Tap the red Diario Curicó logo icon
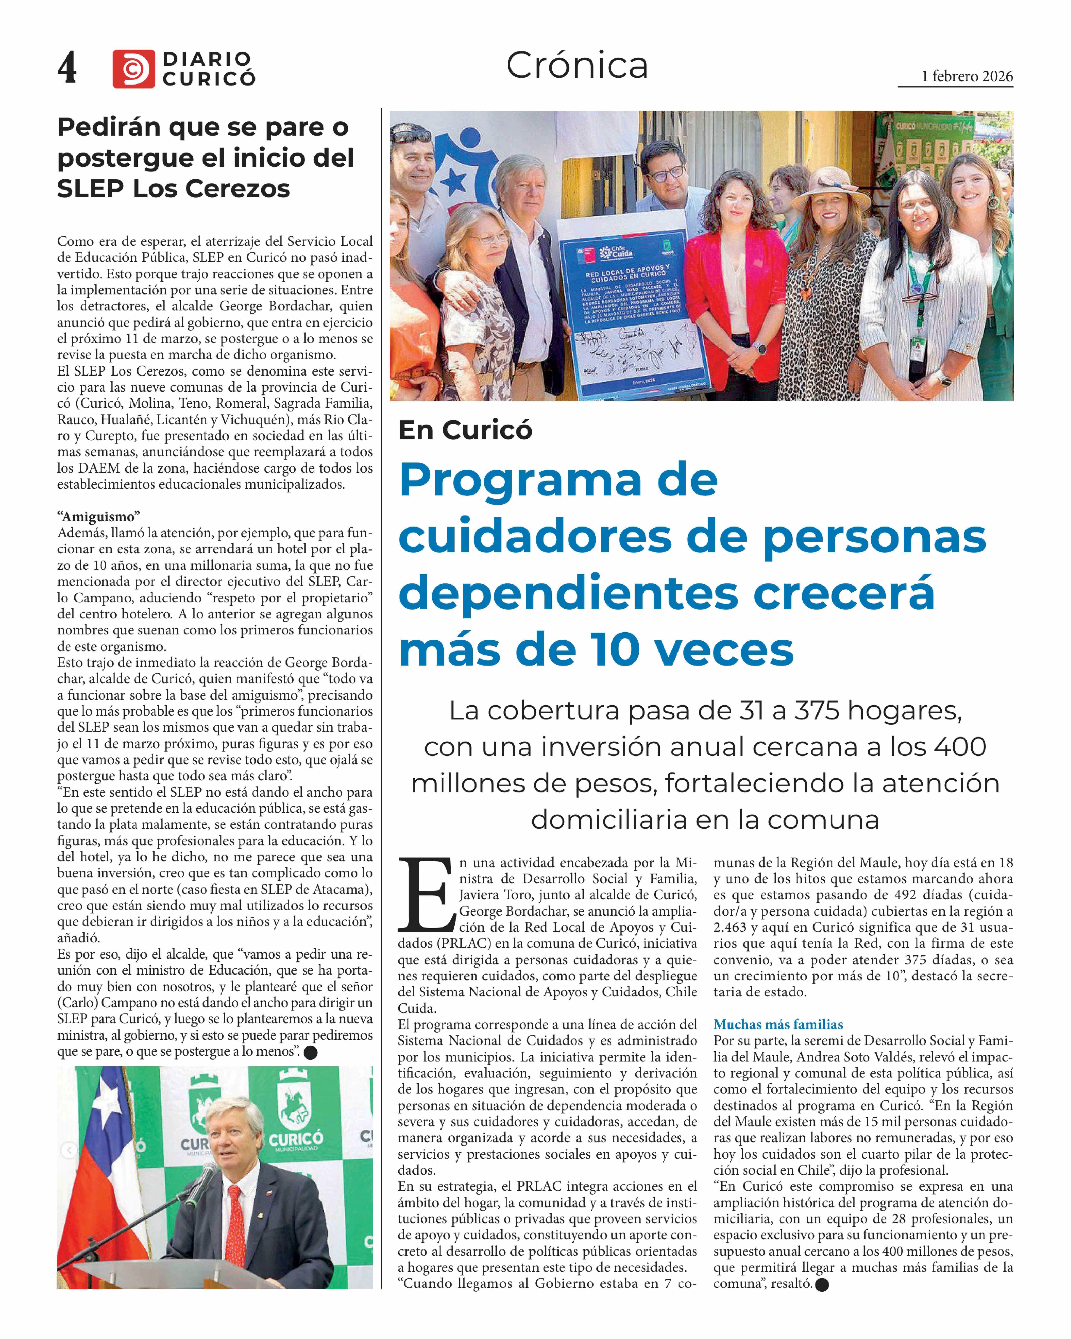(133, 69)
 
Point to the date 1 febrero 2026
(967, 76)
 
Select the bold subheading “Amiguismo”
(99, 517)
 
